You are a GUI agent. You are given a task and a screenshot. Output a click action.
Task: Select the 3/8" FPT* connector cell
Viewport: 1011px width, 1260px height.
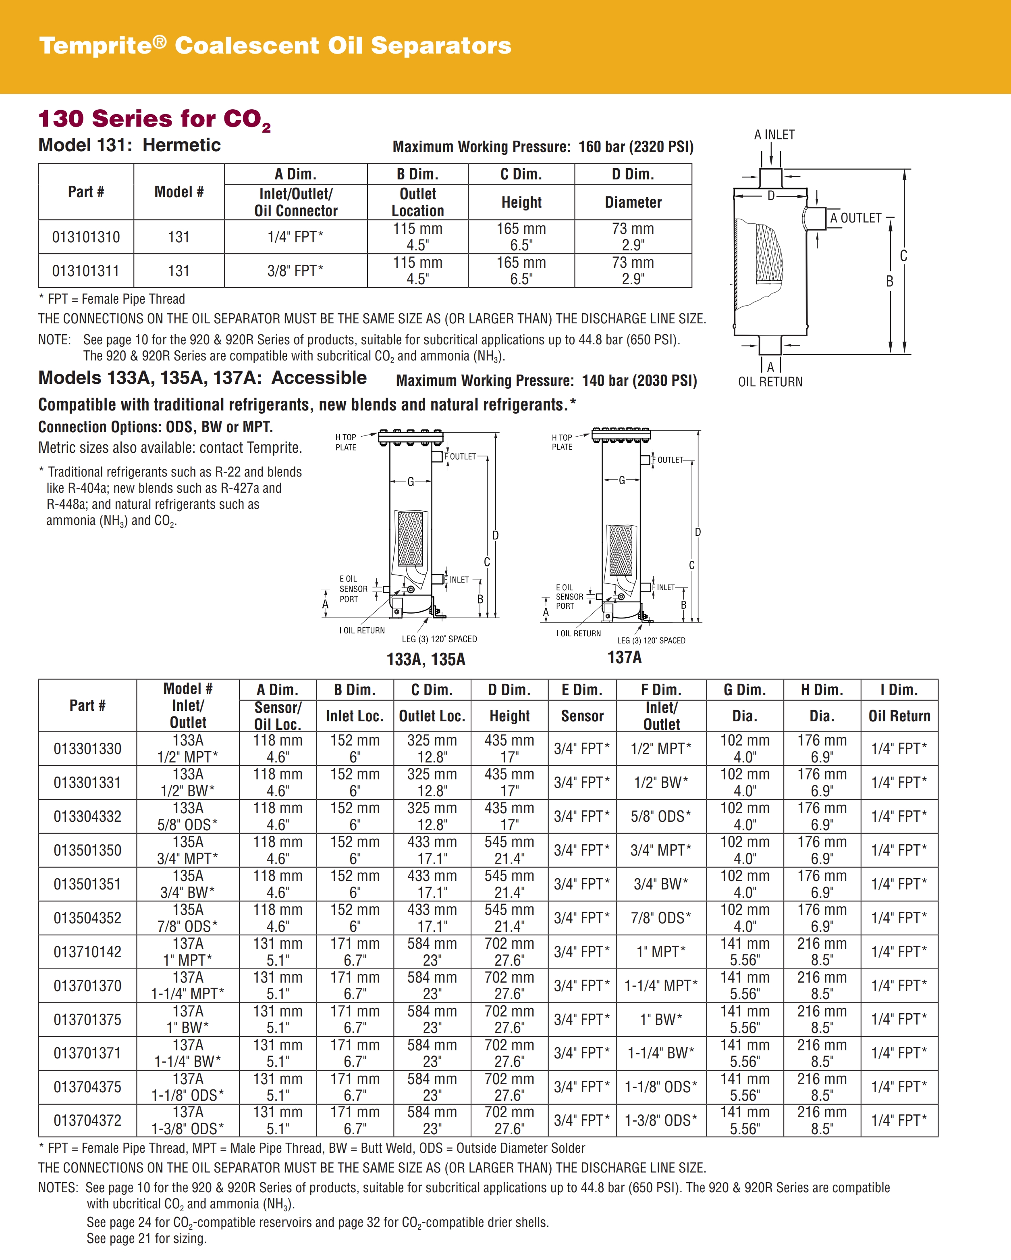tap(295, 271)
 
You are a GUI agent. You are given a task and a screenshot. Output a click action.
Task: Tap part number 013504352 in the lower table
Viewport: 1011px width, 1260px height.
tap(87, 918)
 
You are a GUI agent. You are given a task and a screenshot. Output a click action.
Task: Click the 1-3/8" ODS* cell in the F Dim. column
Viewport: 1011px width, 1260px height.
tap(661, 1120)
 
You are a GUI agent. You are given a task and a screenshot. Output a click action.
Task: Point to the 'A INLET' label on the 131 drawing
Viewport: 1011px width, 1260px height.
tap(774, 135)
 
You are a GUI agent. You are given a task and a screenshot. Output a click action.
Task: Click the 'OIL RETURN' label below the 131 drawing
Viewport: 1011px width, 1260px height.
tap(770, 381)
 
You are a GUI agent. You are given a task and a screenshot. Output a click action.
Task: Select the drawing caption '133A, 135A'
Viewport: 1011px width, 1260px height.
tap(426, 660)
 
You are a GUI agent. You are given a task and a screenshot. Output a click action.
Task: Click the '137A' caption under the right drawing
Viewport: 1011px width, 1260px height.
tap(624, 658)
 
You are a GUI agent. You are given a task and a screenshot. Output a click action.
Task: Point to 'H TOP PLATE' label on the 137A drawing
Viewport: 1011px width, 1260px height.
tap(562, 442)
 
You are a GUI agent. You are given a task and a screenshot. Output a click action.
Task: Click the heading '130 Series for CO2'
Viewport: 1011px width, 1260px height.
tap(155, 119)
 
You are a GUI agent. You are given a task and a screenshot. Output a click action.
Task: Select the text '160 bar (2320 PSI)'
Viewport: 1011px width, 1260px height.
tap(635, 147)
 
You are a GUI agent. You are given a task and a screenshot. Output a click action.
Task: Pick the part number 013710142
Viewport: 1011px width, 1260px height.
tap(87, 952)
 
